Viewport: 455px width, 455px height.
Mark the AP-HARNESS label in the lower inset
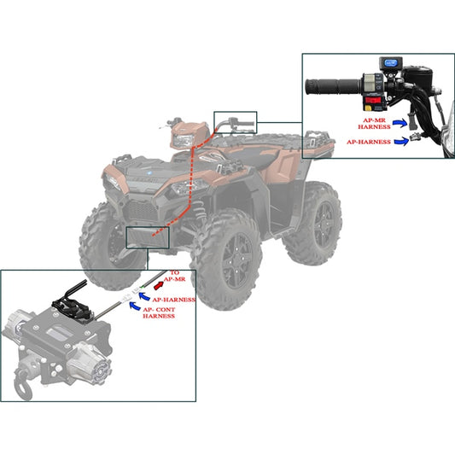click(x=173, y=300)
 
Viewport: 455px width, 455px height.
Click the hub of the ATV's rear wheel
click(x=323, y=221)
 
